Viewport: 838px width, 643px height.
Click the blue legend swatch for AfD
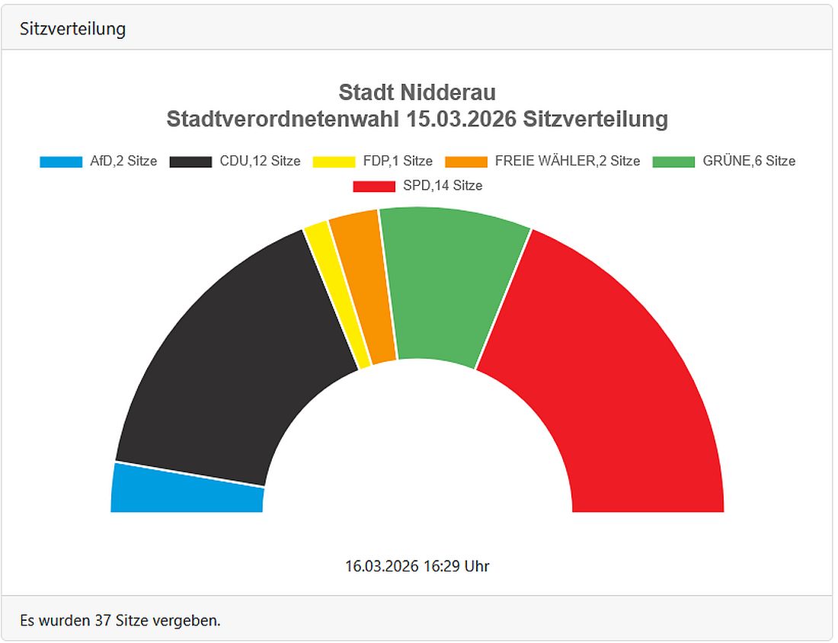pyautogui.click(x=60, y=162)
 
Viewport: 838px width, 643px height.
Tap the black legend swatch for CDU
pyautogui.click(x=190, y=162)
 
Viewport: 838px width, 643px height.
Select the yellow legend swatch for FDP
pyautogui.click(x=334, y=162)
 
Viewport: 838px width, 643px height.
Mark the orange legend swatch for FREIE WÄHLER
pyautogui.click(x=465, y=162)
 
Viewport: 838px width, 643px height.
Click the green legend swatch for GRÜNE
pyautogui.click(x=673, y=162)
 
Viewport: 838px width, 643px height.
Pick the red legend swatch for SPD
pyautogui.click(x=374, y=186)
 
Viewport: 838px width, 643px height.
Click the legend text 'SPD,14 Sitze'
pyautogui.click(x=443, y=186)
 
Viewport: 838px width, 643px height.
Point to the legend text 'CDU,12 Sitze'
pyautogui.click(x=260, y=162)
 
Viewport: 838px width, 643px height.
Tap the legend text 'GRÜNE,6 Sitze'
pyautogui.click(x=749, y=162)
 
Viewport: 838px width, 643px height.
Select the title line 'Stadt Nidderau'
pyautogui.click(x=417, y=93)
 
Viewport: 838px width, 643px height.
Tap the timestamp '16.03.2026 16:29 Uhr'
pyautogui.click(x=417, y=566)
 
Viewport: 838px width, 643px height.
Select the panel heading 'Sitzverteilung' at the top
pyautogui.click(x=73, y=29)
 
